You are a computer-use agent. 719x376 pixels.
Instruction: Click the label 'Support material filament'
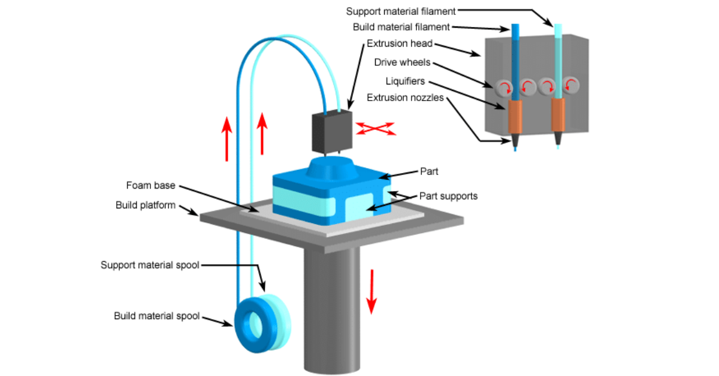coord(401,10)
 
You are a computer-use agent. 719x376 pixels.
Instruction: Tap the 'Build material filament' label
coord(401,27)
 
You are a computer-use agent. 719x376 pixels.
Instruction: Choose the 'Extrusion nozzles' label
coord(405,98)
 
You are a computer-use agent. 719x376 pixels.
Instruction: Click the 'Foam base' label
coord(150,185)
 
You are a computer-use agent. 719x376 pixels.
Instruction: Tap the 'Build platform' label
coord(146,205)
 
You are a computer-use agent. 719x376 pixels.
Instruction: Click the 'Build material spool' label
coord(156,316)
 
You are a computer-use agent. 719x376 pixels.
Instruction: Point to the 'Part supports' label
coord(448,196)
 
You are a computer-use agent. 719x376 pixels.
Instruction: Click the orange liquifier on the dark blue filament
coord(515,117)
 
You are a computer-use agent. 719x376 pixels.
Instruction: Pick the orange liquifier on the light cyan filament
coord(558,116)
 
